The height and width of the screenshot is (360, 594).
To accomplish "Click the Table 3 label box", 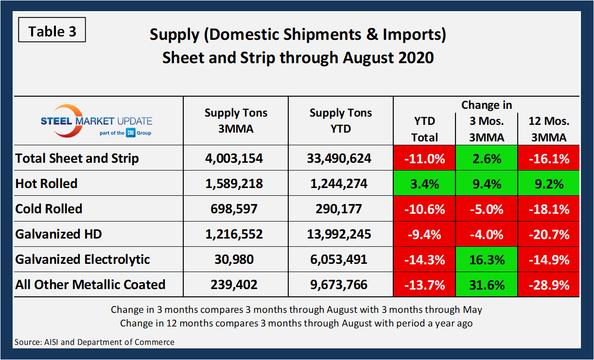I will pos(52,32).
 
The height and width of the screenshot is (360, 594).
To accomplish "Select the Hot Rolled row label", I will pos(47,184).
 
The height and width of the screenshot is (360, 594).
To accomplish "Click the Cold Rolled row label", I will pos(49,209).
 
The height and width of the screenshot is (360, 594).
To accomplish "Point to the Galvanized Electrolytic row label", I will pos(83,259).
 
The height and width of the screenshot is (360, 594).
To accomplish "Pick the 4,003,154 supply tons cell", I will pos(236,158).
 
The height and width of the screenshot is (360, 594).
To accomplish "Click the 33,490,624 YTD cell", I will pos(340,158).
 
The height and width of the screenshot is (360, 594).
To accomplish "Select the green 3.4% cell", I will pos(424,184).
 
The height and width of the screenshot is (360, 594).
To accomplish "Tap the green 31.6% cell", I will pos(487,285).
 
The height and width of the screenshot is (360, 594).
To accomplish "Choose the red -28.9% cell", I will pos(549,285).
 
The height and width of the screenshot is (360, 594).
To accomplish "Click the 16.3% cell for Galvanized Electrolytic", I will pos(487,259).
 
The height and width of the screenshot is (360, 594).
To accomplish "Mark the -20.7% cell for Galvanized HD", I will pos(549,234).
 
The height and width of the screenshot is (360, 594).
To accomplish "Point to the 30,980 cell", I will pos(236,259).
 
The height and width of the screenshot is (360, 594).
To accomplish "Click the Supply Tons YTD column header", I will pos(340,121).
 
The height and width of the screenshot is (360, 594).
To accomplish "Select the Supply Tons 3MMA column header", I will pos(236,121).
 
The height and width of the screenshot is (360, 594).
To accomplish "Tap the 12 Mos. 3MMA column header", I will pos(549,129).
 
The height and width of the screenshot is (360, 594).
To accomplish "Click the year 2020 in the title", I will pos(413,57).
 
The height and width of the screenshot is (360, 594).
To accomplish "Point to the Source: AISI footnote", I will pos(94,342).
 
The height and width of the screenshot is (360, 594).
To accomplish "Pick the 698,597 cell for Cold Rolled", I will pos(236,209).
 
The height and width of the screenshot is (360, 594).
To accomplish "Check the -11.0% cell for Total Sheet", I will pos(424,158).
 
